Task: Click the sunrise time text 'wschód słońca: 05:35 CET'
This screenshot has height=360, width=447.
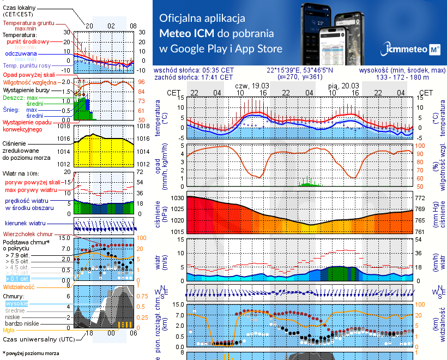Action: (x=194, y=70)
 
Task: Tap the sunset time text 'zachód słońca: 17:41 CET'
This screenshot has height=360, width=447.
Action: (x=194, y=77)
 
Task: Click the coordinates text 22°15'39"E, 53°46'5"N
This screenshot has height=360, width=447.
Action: (x=300, y=70)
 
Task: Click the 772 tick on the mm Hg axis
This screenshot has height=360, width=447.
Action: (x=421, y=198)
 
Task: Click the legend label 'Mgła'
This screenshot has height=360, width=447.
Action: (x=9, y=330)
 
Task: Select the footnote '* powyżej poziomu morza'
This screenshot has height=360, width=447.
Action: (x=31, y=353)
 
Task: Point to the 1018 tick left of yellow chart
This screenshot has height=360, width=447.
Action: (x=65, y=127)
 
